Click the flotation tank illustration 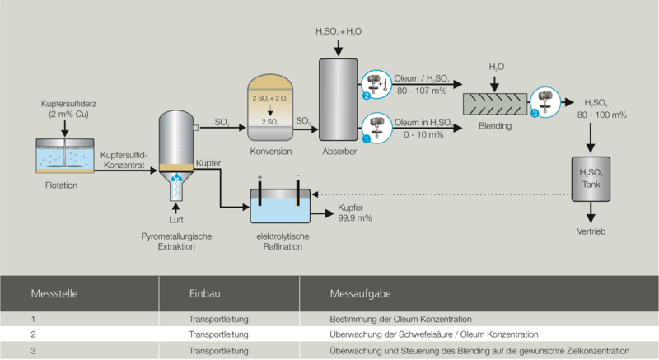(x=65, y=156)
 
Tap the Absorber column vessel (x=339, y=100)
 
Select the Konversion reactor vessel (x=270, y=108)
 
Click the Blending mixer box (x=495, y=104)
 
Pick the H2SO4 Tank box (x=591, y=179)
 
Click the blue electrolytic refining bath (x=280, y=206)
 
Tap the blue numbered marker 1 (x=366, y=138)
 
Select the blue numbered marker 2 (x=366, y=96)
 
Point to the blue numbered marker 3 (x=535, y=114)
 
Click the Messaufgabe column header (x=360, y=293)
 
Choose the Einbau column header (x=204, y=293)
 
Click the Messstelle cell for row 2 (x=33, y=334)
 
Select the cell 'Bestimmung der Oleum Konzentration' (x=400, y=320)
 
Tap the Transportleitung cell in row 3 (x=218, y=351)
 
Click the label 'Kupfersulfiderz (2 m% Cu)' (x=68, y=109)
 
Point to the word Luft (x=176, y=220)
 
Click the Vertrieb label (x=591, y=231)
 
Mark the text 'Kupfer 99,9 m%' (x=355, y=213)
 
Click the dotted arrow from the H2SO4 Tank (x=442, y=194)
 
